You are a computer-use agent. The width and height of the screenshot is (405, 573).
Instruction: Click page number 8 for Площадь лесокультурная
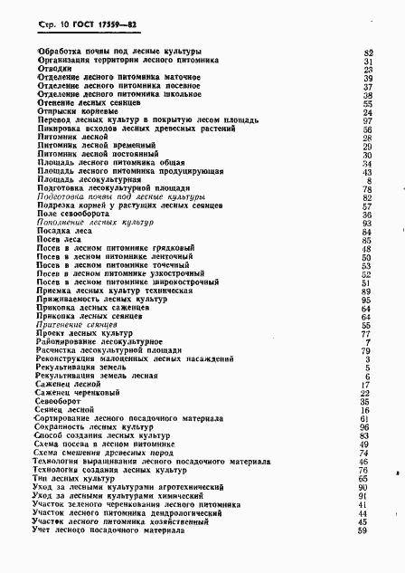[371, 180]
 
